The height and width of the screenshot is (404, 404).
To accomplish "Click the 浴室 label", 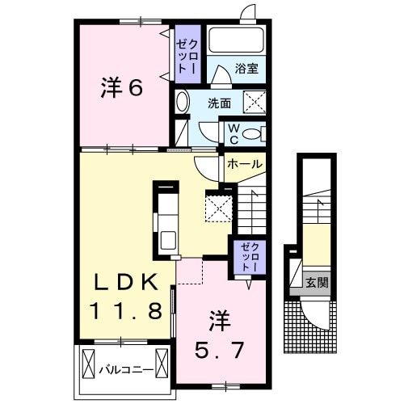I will (x=246, y=70).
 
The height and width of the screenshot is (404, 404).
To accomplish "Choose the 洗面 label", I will (x=218, y=103).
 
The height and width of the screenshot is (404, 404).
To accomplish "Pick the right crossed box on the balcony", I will (x=162, y=364).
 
